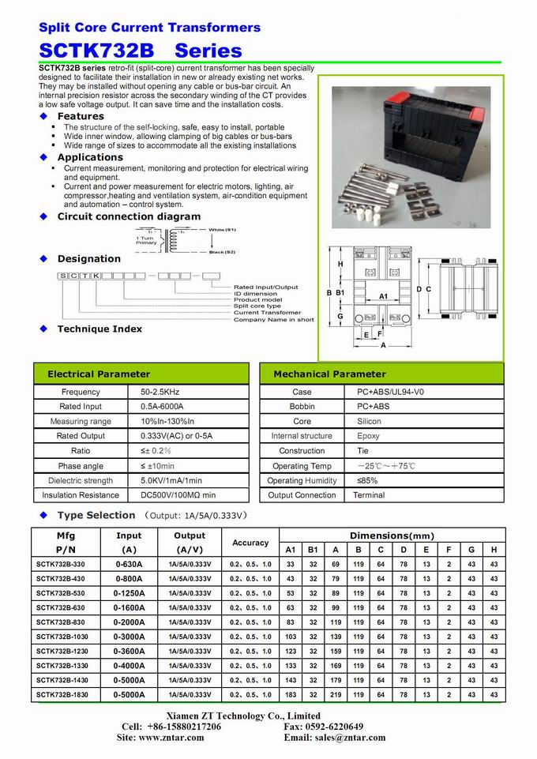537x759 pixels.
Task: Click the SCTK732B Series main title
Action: [140, 51]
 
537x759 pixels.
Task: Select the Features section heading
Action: [81, 116]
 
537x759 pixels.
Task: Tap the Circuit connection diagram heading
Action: [129, 216]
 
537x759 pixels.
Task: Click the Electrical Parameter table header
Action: [99, 374]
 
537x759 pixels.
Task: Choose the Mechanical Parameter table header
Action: [329, 374]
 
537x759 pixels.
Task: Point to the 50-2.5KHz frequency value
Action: [162, 392]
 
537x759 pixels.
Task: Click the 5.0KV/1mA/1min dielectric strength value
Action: [171, 480]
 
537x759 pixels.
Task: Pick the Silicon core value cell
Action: [369, 421]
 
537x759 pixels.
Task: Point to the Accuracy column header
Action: [250, 543]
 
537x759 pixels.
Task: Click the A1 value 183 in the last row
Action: [291, 694]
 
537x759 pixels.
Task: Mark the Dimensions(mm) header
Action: [392, 535]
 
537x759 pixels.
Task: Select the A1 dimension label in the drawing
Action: [383, 296]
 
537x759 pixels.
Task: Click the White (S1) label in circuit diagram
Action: [222, 229]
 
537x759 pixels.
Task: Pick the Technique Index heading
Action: [100, 329]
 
